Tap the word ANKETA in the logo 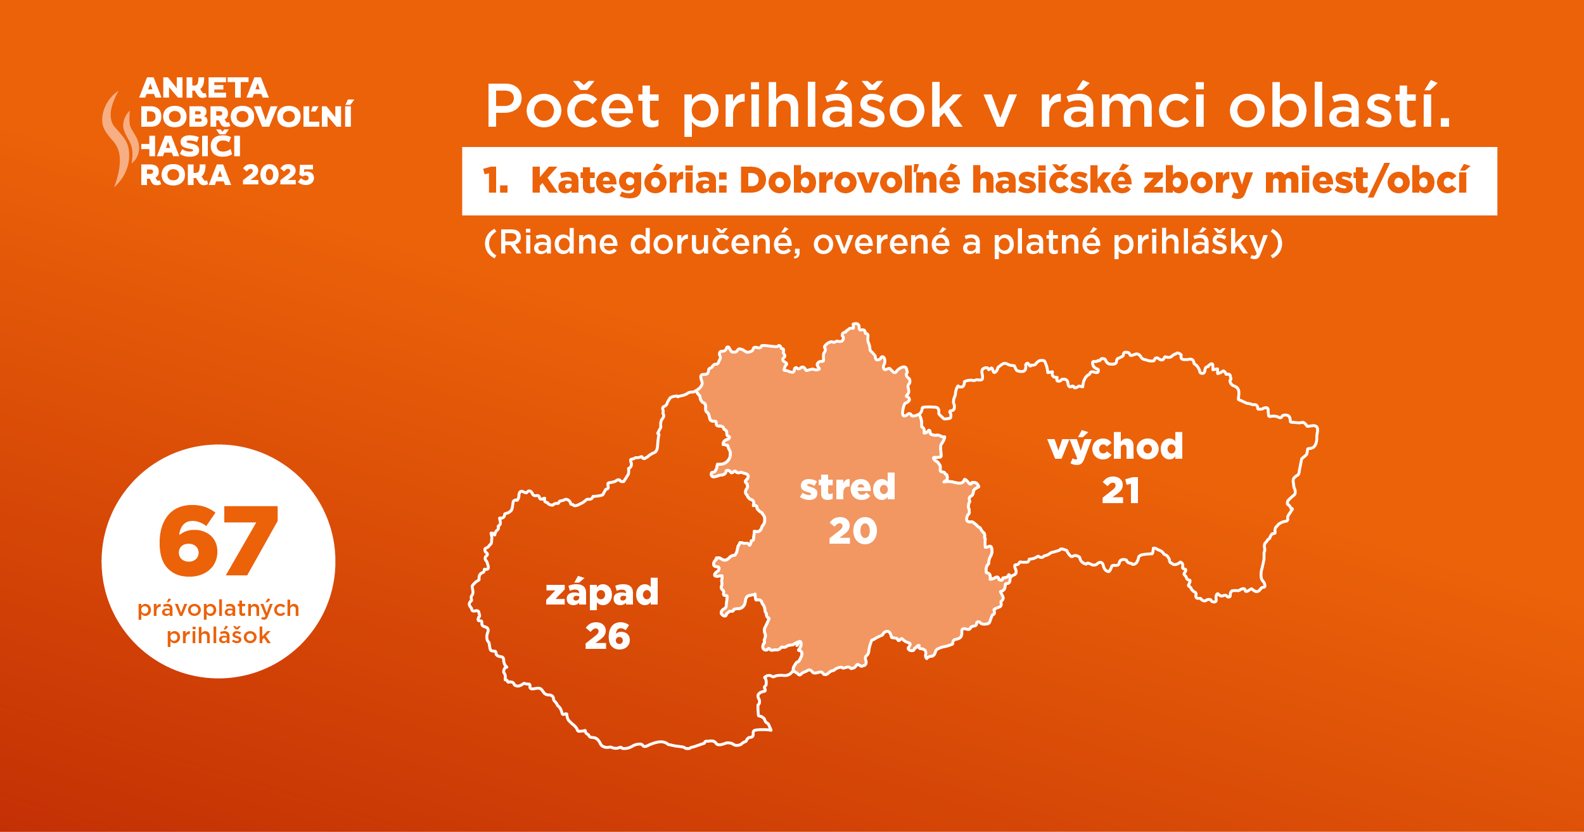click(x=204, y=88)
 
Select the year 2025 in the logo click(x=278, y=176)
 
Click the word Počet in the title click(x=573, y=106)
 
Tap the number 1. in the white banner click(x=495, y=180)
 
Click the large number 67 click(x=219, y=541)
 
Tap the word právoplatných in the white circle click(x=219, y=610)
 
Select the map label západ click(x=603, y=593)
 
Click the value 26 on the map click(x=608, y=636)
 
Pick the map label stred click(x=848, y=487)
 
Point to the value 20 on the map click(x=853, y=531)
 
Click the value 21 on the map click(x=1120, y=490)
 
